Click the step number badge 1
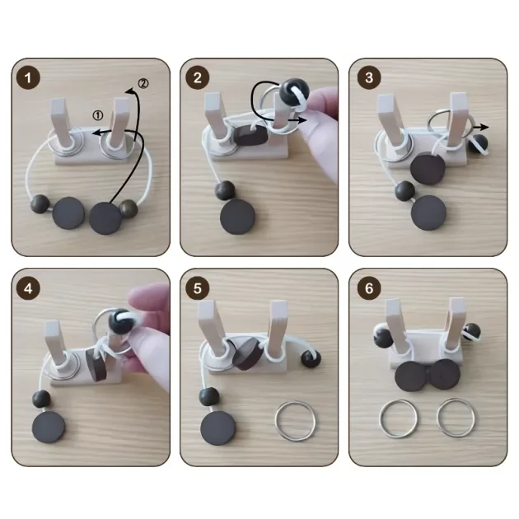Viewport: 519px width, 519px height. click(28, 77)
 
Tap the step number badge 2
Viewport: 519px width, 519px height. click(197, 77)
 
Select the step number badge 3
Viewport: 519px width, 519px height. click(369, 77)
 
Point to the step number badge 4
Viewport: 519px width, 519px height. click(28, 288)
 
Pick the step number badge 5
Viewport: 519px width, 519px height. click(197, 288)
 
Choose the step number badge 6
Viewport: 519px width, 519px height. click(369, 288)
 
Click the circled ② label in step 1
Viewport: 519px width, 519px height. click(143, 83)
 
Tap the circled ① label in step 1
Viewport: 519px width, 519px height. click(98, 115)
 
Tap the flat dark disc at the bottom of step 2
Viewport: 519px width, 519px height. click(237, 217)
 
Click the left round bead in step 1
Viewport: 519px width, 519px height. click(40, 204)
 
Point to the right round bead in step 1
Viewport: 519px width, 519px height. click(128, 208)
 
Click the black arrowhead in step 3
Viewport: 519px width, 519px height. click(484, 127)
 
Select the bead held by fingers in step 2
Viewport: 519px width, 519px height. click(294, 91)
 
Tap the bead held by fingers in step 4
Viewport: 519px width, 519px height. click(119, 321)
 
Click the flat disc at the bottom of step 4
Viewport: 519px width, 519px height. click(49, 428)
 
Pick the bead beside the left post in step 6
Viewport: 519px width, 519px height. click(383, 336)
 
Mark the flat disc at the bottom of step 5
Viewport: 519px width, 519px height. click(218, 428)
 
